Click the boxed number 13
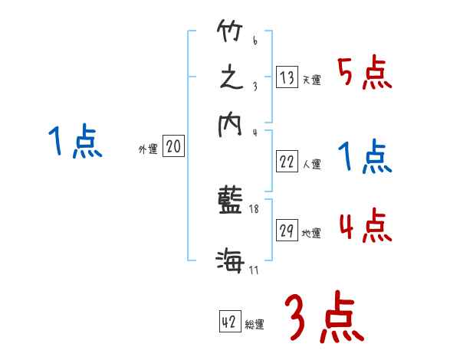tap(287, 77)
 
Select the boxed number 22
tap(287, 162)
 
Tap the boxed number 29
tap(287, 231)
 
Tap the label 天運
tap(311, 80)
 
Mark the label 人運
tap(311, 164)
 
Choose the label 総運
tap(254, 325)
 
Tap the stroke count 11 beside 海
tap(254, 270)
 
